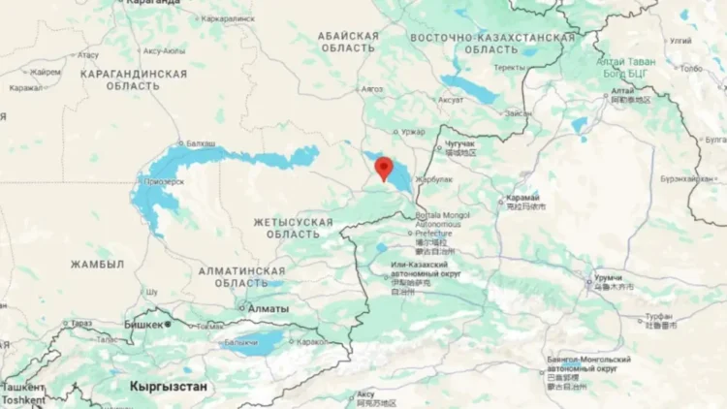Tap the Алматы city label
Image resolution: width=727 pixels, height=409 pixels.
(x=268, y=308)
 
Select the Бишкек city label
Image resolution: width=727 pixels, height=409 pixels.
(x=144, y=325)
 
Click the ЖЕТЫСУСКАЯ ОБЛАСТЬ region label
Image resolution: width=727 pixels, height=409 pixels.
(x=293, y=229)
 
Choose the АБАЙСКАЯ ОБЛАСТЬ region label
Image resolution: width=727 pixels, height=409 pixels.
(x=348, y=43)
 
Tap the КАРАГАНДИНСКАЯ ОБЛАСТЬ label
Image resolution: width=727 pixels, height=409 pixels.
(x=134, y=79)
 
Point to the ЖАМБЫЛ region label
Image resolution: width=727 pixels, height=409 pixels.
(x=97, y=264)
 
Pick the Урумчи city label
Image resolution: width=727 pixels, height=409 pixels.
(x=610, y=276)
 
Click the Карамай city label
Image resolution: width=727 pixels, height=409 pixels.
(x=524, y=197)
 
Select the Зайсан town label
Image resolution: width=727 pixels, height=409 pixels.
(x=518, y=113)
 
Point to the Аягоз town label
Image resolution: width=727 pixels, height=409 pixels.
(x=372, y=88)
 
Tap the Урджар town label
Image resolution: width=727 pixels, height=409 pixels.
(x=414, y=131)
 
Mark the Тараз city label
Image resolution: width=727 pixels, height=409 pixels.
(x=80, y=324)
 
